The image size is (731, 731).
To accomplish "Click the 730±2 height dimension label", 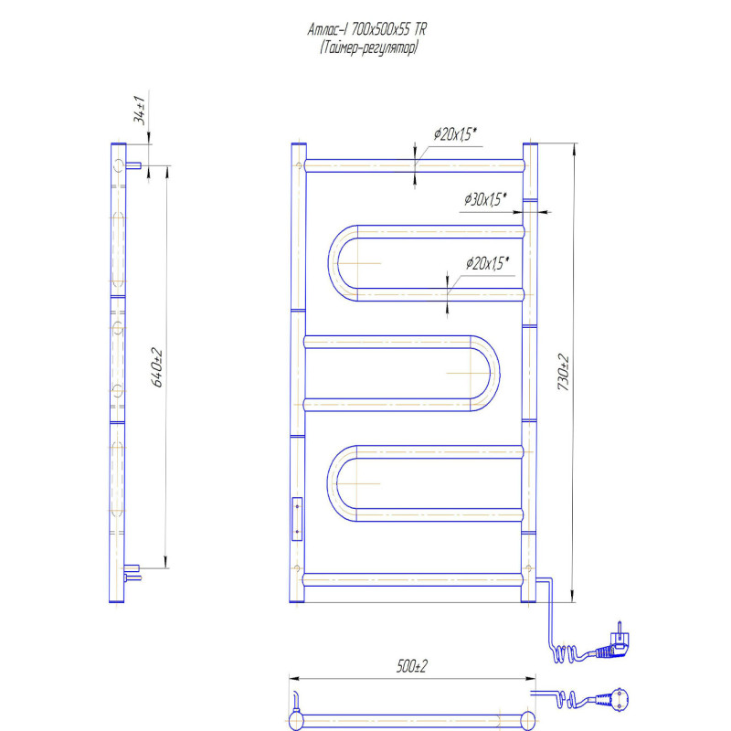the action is [x=563, y=372].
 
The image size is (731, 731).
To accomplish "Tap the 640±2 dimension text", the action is [x=157, y=367].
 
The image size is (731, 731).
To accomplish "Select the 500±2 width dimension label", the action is [x=412, y=666].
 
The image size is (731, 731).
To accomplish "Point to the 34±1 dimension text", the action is [x=140, y=110].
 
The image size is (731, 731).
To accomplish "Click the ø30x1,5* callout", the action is [x=485, y=199].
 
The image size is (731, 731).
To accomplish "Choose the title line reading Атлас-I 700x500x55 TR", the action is [x=367, y=30].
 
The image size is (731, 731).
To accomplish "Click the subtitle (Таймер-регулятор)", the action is [x=368, y=48].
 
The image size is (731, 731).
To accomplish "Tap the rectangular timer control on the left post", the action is [x=297, y=519].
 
